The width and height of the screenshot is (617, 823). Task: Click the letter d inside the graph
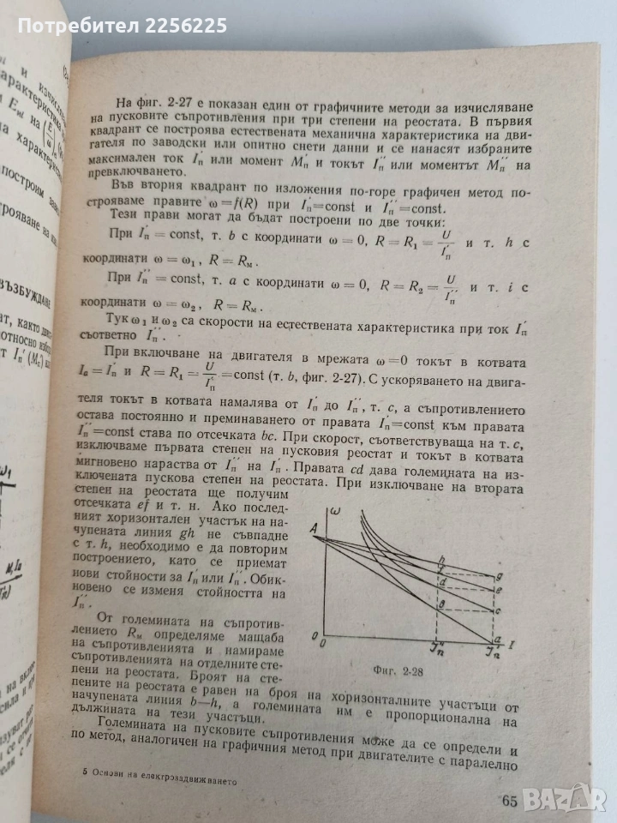tap(443, 582)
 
